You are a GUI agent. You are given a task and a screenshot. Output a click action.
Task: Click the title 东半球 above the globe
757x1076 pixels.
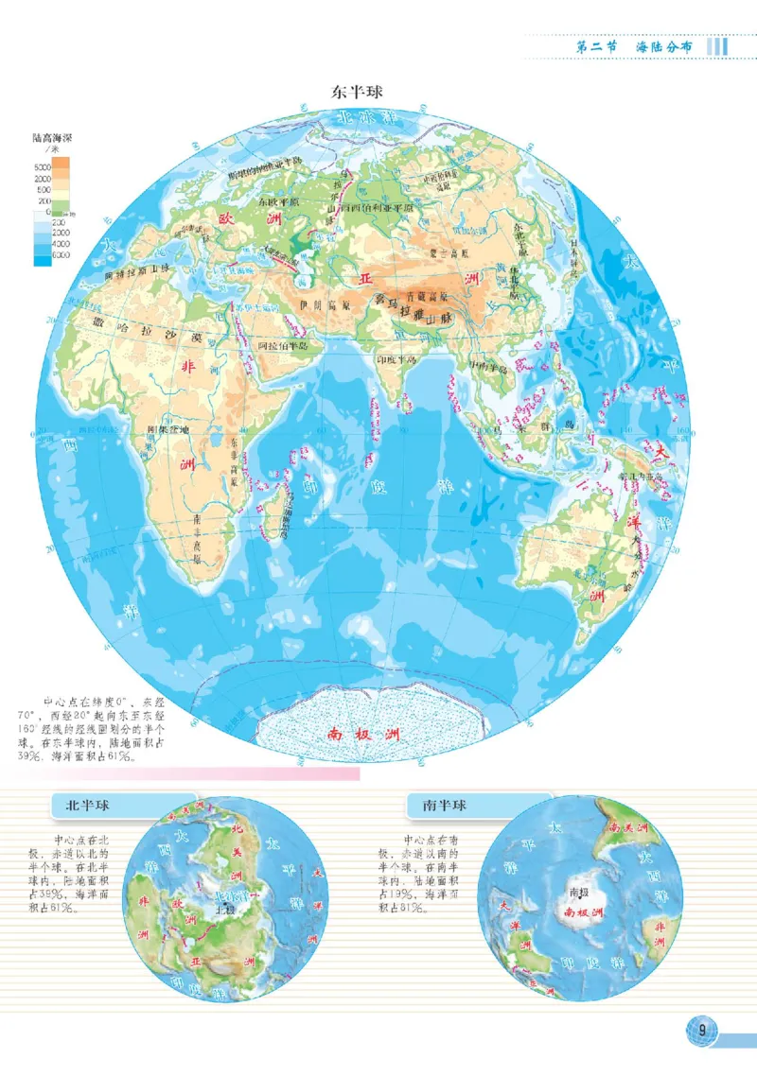pyautogui.click(x=355, y=92)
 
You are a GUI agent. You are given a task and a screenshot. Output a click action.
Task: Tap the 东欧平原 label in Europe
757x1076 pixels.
pyautogui.click(x=281, y=201)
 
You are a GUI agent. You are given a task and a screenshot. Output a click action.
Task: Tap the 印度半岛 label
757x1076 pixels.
pyautogui.click(x=396, y=359)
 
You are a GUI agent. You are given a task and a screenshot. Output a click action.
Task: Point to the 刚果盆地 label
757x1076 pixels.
pyautogui.click(x=169, y=428)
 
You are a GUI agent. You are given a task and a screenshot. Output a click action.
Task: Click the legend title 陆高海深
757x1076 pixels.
pyautogui.click(x=53, y=139)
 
